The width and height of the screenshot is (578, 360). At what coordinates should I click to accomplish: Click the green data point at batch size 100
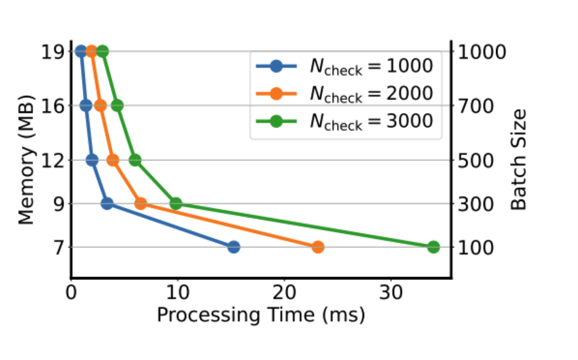point(433,247)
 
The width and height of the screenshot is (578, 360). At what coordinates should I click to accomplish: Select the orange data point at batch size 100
point(318,247)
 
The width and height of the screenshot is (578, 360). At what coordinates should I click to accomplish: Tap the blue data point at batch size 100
point(233,247)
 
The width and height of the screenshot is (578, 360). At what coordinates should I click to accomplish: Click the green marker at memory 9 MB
point(175,203)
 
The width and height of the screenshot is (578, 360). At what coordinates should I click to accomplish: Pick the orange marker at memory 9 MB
point(141,203)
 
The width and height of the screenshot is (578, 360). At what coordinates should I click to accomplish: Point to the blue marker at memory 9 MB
point(106,203)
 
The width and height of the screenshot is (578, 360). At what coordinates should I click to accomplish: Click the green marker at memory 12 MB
point(135,160)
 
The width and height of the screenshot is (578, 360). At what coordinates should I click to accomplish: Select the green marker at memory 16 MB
point(117,105)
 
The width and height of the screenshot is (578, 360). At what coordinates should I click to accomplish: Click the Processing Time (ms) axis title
point(261,315)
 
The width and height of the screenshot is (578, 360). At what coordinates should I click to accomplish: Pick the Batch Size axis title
point(520,160)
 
